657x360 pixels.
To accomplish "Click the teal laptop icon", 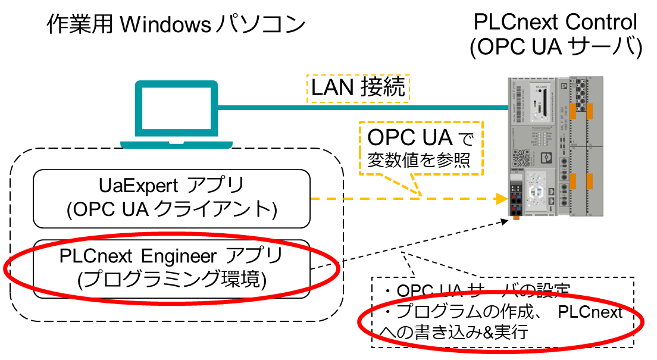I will [x=175, y=113].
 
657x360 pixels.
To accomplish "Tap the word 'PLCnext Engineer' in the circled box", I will [x=138, y=258].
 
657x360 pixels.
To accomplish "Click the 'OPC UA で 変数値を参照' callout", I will [x=420, y=149].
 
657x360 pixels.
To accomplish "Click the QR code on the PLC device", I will [x=521, y=155].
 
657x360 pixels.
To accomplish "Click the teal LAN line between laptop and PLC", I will [x=357, y=108].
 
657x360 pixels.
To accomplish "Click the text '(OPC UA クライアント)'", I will [x=171, y=209].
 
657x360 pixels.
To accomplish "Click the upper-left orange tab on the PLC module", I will [x=576, y=110].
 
